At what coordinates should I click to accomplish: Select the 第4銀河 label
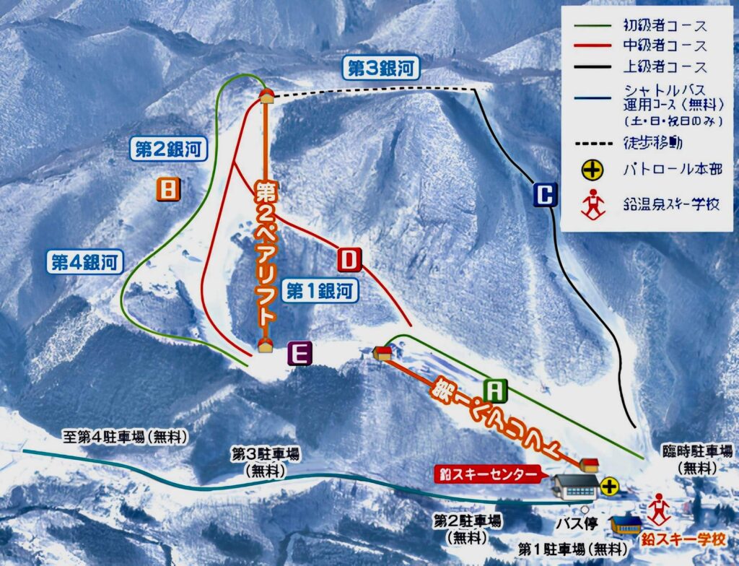(x=84, y=261)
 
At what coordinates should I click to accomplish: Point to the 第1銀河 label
(x=320, y=291)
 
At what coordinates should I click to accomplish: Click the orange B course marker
(x=167, y=189)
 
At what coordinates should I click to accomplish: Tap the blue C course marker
(x=546, y=195)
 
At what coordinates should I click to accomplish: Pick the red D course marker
(x=349, y=258)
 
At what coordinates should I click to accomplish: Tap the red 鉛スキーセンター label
(x=488, y=474)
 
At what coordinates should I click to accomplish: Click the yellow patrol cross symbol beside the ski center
(x=609, y=486)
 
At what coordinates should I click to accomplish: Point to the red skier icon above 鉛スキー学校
(x=659, y=510)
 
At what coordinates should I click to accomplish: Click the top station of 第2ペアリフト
(x=266, y=95)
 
